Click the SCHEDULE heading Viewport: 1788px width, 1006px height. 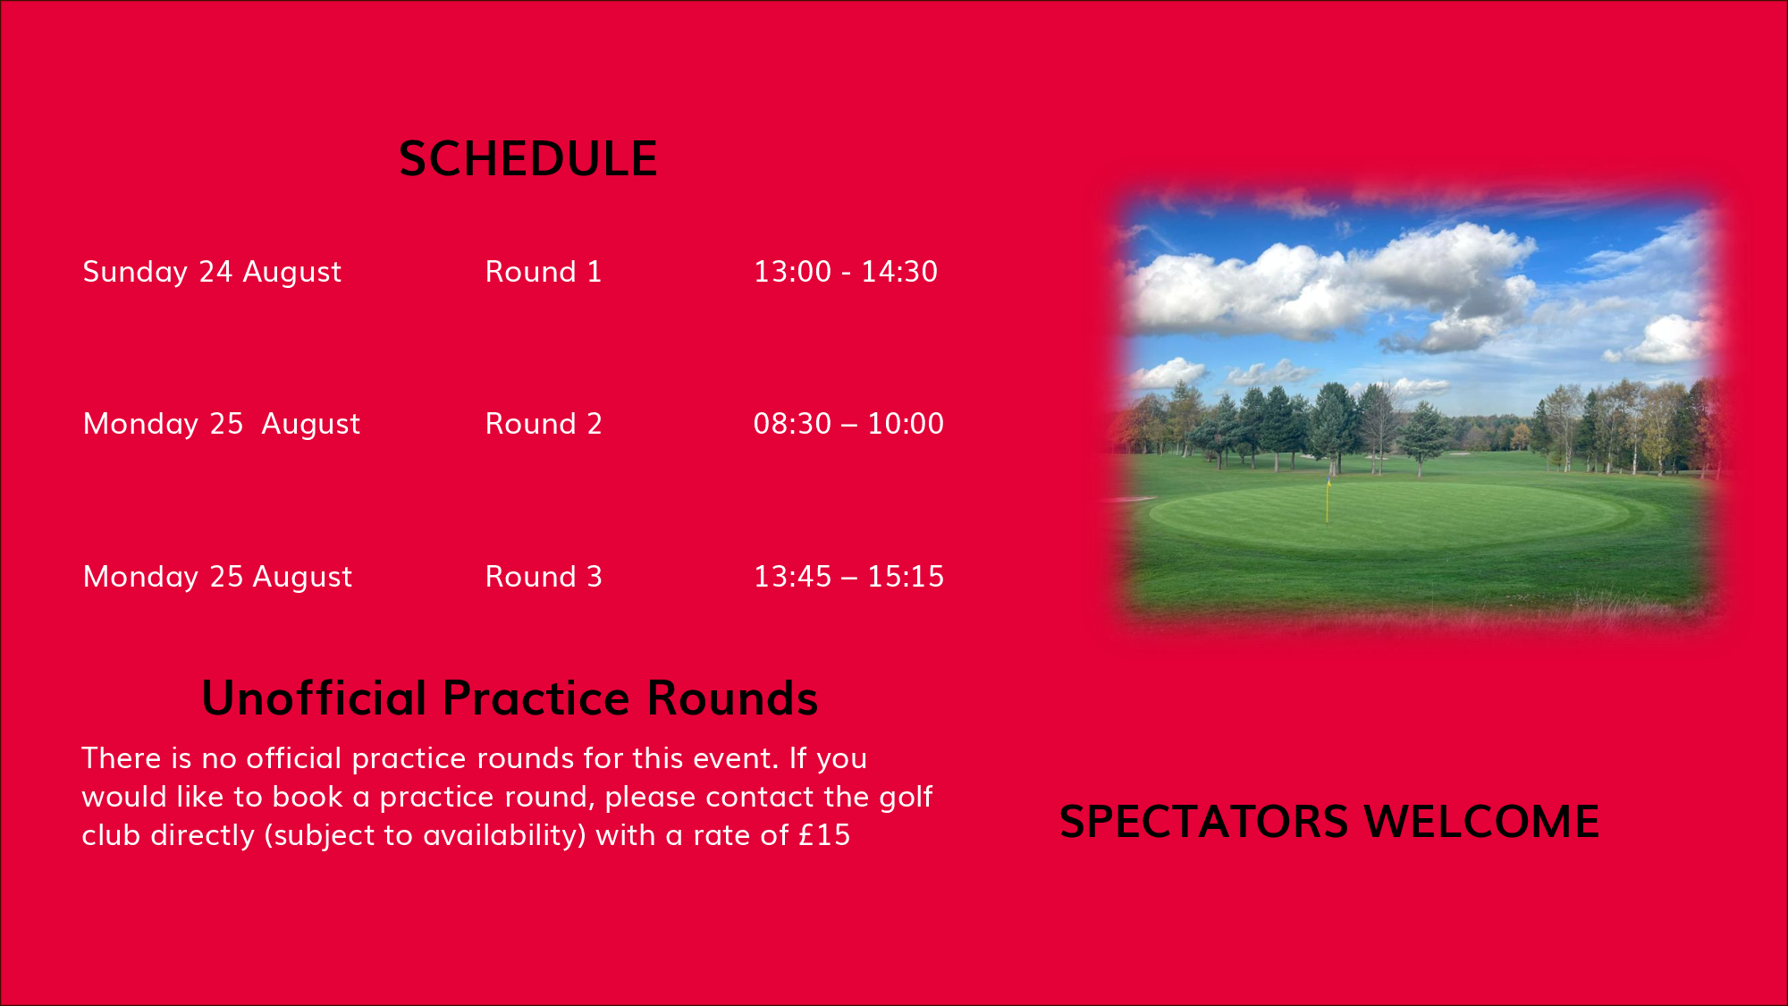(x=528, y=159)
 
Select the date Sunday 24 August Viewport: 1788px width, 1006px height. (x=212, y=272)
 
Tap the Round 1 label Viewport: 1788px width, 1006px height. (x=544, y=272)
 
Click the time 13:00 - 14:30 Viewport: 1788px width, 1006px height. (x=846, y=272)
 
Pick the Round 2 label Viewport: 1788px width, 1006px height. (x=544, y=424)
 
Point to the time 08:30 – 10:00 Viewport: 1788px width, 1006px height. (x=848, y=424)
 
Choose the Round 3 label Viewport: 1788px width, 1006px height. (x=544, y=577)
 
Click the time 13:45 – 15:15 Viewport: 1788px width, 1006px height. (x=848, y=577)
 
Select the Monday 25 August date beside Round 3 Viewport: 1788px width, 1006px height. (x=217, y=578)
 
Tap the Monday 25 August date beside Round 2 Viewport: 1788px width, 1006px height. (x=222, y=425)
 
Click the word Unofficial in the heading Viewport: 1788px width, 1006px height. (x=315, y=698)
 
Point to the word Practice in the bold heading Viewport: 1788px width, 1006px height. (x=536, y=698)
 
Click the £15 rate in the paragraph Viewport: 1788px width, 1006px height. (x=824, y=835)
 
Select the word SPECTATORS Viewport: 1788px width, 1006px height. (x=1204, y=822)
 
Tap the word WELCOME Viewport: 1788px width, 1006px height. (x=1482, y=822)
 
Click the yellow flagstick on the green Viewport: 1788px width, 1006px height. (x=1328, y=501)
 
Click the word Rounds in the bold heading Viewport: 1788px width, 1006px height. (x=732, y=698)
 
